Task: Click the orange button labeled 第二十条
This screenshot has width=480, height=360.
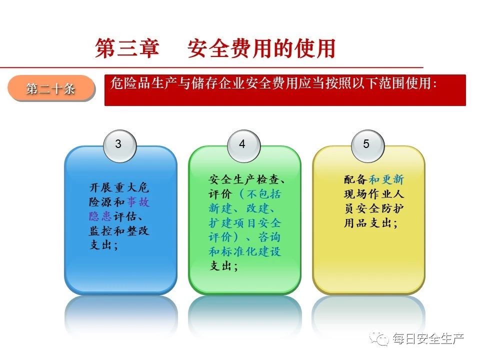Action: click(x=51, y=88)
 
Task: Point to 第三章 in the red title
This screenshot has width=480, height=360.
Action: click(x=127, y=48)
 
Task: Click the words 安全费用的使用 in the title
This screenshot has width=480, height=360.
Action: click(x=261, y=48)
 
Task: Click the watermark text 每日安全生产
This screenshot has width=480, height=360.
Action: click(x=428, y=338)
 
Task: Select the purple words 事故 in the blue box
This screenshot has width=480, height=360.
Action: click(x=138, y=202)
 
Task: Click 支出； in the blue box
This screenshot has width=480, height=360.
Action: click(x=104, y=245)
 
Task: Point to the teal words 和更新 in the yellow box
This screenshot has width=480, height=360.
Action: click(x=386, y=179)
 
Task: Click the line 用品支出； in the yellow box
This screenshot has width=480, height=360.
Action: click(x=370, y=223)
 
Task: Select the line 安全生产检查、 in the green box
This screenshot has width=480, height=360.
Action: click(x=247, y=179)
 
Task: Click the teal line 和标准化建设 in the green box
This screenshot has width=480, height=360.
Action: click(x=245, y=251)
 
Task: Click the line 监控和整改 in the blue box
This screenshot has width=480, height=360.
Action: click(x=119, y=231)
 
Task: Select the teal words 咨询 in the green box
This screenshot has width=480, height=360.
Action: click(x=269, y=237)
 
